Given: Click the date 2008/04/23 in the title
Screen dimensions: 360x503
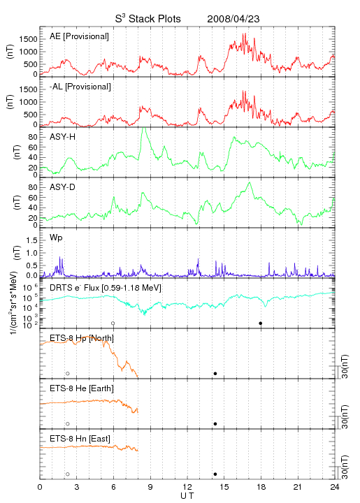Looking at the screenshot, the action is (233, 19).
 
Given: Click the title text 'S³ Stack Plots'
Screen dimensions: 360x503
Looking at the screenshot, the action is (148, 19).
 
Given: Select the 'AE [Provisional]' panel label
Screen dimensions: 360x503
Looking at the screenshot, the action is (79, 36).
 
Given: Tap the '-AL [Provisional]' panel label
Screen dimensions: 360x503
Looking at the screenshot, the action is (80, 87).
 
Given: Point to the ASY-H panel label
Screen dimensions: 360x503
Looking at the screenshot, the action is (63, 137).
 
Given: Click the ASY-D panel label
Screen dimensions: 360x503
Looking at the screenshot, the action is (63, 187).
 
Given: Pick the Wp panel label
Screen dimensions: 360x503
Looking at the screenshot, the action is (56, 238).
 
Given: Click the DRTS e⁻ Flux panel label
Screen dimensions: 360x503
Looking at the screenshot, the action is (106, 288).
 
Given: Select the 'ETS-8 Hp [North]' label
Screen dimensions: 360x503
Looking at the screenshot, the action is (82, 338).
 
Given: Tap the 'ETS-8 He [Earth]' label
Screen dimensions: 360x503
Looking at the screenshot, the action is (82, 388).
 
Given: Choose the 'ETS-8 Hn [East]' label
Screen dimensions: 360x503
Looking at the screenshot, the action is (80, 439).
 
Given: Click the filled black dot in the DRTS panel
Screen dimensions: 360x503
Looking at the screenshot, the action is (261, 323).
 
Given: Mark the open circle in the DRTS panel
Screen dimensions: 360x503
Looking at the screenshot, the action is (113, 323).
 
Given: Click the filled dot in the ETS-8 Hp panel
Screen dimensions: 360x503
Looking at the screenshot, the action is (215, 373).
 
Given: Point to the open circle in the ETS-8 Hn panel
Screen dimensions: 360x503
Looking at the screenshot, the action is (68, 474).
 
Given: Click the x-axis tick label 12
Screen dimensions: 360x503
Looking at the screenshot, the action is (187, 487).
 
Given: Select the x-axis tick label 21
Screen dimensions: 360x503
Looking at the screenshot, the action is (298, 487).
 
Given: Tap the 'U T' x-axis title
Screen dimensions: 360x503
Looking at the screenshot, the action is (187, 496).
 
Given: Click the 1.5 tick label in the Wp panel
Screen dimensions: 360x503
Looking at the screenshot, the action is (31, 240).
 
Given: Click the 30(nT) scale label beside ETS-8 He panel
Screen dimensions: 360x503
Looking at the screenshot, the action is (345, 416).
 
